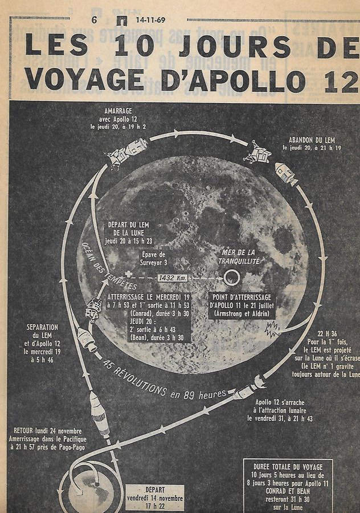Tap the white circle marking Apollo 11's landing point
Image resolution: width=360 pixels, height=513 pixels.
[231, 278]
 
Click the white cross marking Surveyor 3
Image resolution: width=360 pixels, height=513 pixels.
[129, 274]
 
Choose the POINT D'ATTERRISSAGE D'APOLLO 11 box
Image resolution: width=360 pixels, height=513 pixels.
[242, 306]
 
